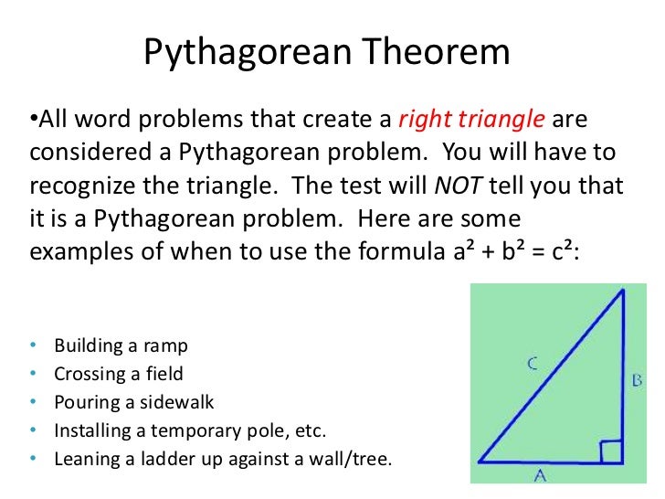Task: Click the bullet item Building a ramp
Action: pos(121,345)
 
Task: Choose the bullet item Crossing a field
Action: pos(118,373)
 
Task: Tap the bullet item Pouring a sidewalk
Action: pos(134,401)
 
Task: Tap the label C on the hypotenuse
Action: pos(533,364)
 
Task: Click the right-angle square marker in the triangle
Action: pos(611,451)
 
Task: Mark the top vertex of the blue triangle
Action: pos(622,290)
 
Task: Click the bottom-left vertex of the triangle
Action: pos(479,462)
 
